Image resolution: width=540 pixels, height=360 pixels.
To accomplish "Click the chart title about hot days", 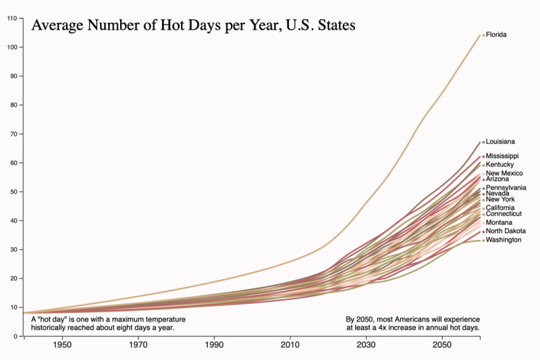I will pyautogui.click(x=194, y=26).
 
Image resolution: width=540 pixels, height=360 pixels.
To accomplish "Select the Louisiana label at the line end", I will pyautogui.click(x=500, y=142).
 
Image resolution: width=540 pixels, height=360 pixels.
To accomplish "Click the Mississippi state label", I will pyautogui.click(x=502, y=156).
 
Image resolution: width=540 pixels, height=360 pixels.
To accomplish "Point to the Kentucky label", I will pyautogui.click(x=500, y=165).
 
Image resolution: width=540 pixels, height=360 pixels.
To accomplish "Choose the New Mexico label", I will pyautogui.click(x=504, y=173).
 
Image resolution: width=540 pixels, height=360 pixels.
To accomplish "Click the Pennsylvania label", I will pyautogui.click(x=506, y=188).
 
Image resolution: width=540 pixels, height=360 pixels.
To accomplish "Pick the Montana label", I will pyautogui.click(x=499, y=222).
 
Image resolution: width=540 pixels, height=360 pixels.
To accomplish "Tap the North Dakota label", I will pyautogui.click(x=506, y=231).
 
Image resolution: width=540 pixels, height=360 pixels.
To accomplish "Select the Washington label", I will pyautogui.click(x=503, y=240).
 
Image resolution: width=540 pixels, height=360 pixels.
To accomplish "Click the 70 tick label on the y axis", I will pyautogui.click(x=15, y=134).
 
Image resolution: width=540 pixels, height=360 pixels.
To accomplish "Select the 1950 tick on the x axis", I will pyautogui.click(x=62, y=345).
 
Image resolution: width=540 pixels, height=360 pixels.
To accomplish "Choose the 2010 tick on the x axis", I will pyautogui.click(x=290, y=345).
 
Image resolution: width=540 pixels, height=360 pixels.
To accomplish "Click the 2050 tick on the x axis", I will pyautogui.click(x=442, y=345).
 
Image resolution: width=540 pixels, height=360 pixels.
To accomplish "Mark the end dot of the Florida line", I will pyautogui.click(x=483, y=34).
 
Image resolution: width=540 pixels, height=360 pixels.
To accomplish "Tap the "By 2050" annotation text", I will pyautogui.click(x=412, y=323).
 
